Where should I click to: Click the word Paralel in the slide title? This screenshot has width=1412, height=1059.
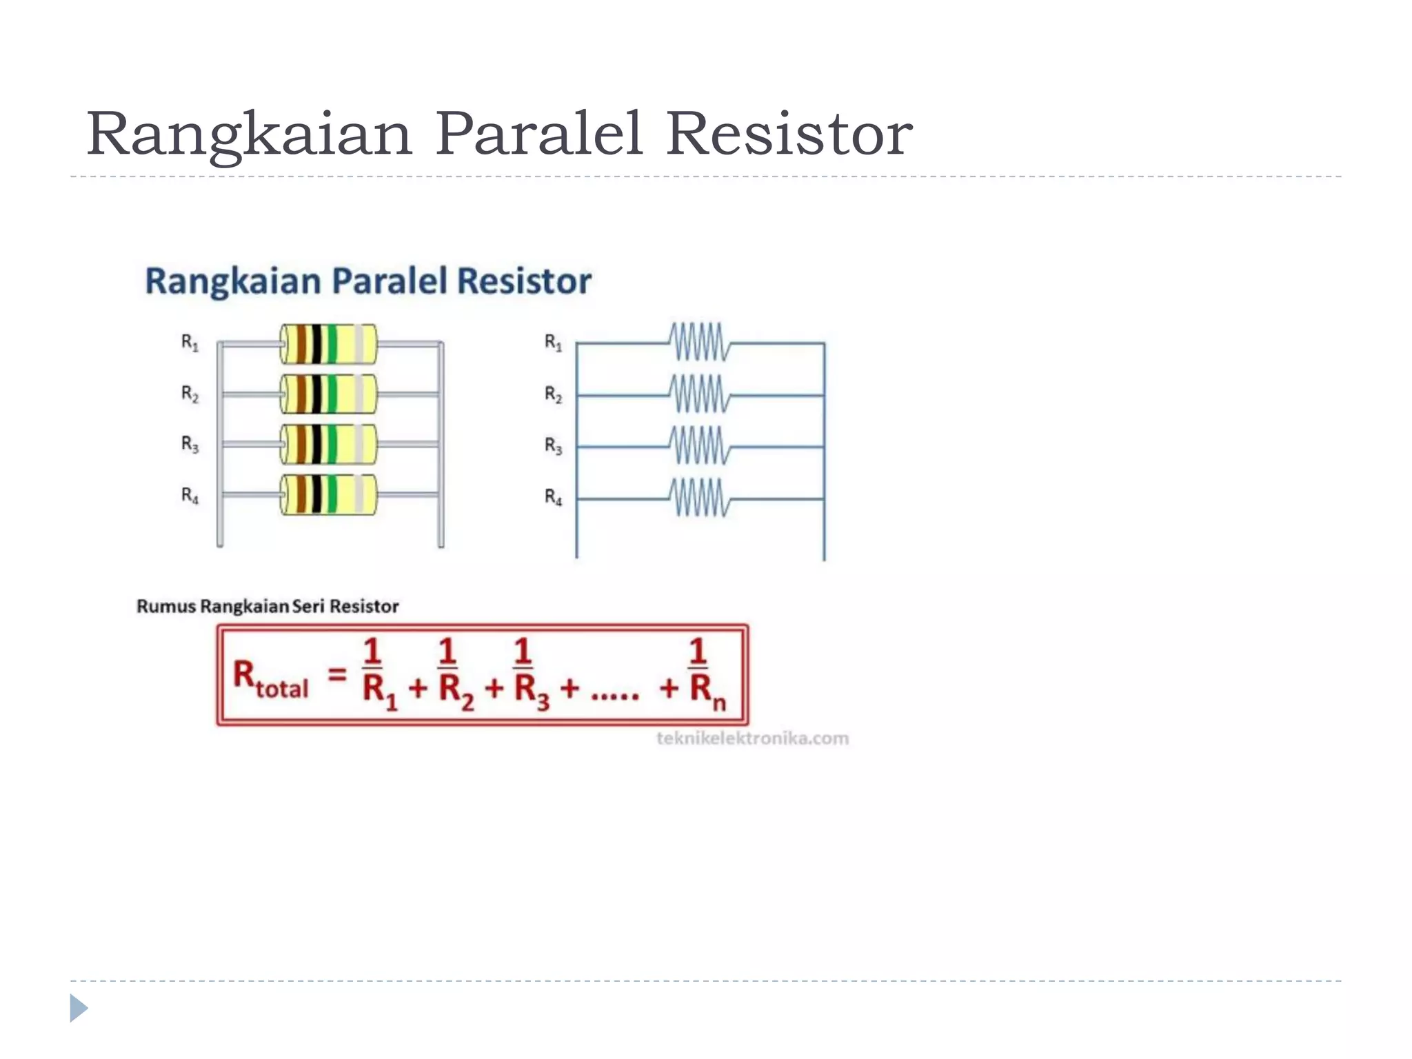point(538,134)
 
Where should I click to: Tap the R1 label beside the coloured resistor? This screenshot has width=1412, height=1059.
point(190,342)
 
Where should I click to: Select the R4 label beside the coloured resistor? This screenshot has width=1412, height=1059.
point(190,495)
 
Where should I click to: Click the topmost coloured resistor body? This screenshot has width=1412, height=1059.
point(328,344)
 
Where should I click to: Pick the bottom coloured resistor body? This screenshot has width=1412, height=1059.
point(328,494)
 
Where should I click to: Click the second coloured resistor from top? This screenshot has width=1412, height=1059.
point(328,394)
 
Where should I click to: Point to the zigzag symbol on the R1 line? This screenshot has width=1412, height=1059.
point(699,342)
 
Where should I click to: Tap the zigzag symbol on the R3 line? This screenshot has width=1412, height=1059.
point(699,446)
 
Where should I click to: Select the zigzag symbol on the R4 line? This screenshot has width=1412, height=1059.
point(699,498)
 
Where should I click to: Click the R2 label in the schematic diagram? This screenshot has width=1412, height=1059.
point(553,394)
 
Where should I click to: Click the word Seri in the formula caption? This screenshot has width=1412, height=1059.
point(307,607)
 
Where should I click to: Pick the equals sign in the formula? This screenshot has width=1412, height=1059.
point(336,674)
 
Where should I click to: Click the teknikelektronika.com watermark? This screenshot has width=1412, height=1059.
point(752,738)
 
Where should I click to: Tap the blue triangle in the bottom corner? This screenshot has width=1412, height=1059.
point(79,1008)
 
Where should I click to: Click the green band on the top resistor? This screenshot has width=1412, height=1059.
point(332,344)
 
